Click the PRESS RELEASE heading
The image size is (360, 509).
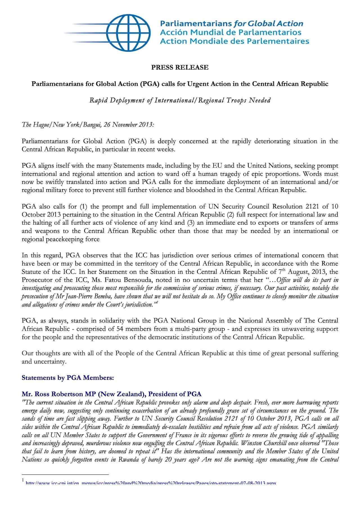(x=180, y=67)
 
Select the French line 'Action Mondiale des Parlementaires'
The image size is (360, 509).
(x=234, y=41)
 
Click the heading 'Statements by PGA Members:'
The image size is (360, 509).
(x=68, y=378)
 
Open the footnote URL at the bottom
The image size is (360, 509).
(x=151, y=483)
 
